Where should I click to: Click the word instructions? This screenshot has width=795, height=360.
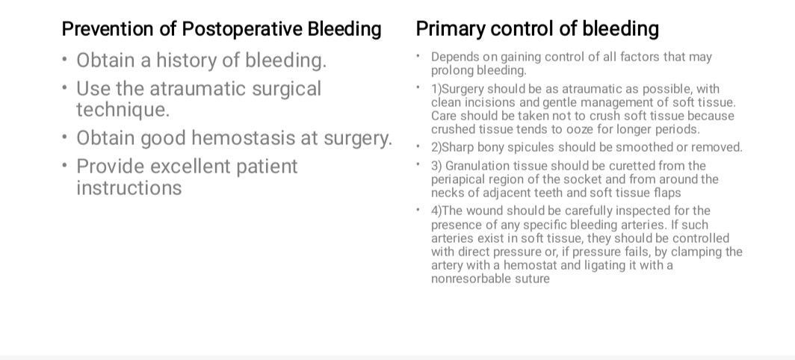click(129, 188)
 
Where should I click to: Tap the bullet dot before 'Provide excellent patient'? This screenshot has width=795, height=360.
click(65, 165)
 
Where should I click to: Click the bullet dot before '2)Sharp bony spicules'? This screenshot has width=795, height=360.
click(419, 146)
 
